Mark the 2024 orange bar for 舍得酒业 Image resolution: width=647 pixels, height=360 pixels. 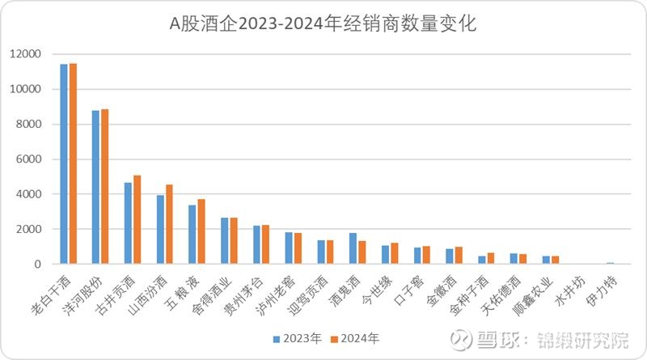[234, 240]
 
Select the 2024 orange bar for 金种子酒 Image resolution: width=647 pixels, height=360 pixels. [491, 258]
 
